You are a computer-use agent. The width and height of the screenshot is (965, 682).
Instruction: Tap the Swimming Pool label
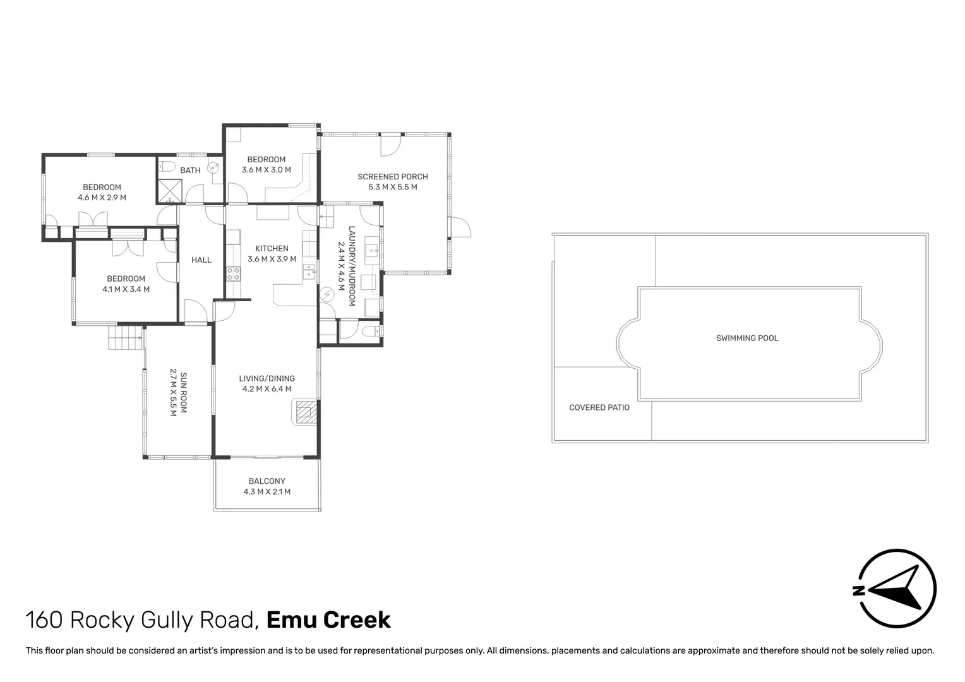pyautogui.click(x=747, y=338)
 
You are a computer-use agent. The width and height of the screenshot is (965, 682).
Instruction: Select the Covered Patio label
pyautogui.click(x=599, y=407)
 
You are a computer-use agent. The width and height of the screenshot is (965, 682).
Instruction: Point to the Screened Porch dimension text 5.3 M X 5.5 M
pyautogui.click(x=392, y=187)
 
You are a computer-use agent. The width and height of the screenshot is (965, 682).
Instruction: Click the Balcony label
pyautogui.click(x=267, y=481)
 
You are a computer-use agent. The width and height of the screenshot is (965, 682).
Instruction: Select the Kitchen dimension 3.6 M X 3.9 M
pyautogui.click(x=272, y=259)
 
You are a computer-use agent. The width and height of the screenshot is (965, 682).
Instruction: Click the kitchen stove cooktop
pyautogui.click(x=233, y=274)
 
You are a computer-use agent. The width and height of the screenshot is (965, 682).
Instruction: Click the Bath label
pyautogui.click(x=190, y=170)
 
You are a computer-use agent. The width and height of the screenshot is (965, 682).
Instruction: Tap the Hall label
pyautogui.click(x=201, y=260)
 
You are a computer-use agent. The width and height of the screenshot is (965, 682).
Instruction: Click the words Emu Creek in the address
pyautogui.click(x=328, y=620)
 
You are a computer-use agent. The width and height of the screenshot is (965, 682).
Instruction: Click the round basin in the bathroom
pyautogui.click(x=215, y=167)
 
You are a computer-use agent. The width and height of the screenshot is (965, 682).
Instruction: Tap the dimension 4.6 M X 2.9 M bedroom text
pyautogui.click(x=102, y=197)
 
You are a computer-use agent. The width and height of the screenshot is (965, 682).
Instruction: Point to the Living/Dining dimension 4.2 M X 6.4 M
pyautogui.click(x=267, y=389)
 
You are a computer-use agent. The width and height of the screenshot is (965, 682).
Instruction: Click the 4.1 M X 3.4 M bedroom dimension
pyautogui.click(x=126, y=289)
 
